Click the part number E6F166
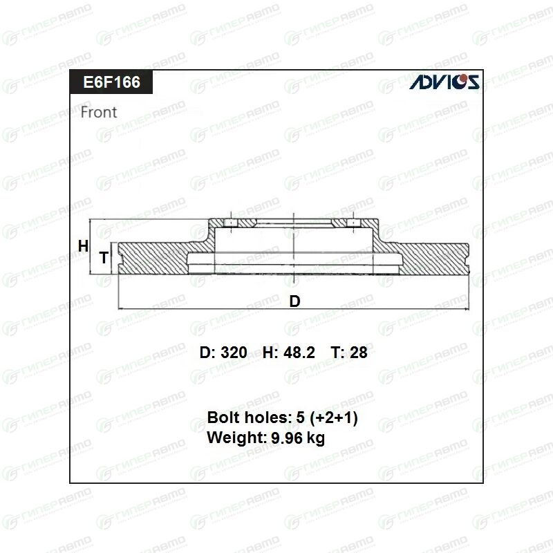coord(111,82)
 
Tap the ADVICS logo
coord(444,82)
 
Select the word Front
coord(99,112)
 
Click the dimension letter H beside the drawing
coord(83,246)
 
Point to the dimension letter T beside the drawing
coord(103,258)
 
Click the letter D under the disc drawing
coord(295,301)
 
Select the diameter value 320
coord(234,353)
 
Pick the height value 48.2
coord(299,353)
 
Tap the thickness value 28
coord(358,353)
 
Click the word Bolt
coord(223,418)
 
